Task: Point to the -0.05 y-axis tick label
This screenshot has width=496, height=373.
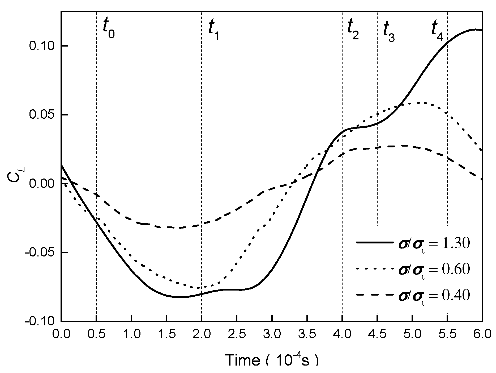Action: [39, 252]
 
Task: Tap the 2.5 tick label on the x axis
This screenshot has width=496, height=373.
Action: [237, 333]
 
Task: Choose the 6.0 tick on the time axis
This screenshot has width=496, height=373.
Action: [482, 333]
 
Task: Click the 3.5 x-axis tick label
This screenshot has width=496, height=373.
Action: [307, 333]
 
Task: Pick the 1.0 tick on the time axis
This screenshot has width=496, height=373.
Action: [131, 333]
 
